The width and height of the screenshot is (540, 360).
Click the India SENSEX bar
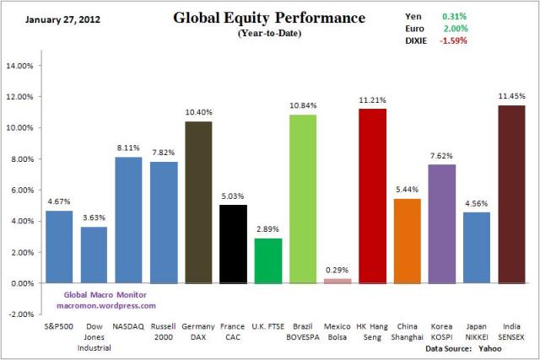pos(511,194)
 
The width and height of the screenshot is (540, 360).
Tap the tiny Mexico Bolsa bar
pos(337,281)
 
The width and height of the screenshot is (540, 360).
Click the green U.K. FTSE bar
pos(268,261)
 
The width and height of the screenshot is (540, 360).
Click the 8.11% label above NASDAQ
pos(130,148)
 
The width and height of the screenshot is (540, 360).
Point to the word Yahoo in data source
pos(505,347)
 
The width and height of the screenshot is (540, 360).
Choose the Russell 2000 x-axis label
pos(165,330)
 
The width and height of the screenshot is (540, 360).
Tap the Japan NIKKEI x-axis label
pos(477,330)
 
